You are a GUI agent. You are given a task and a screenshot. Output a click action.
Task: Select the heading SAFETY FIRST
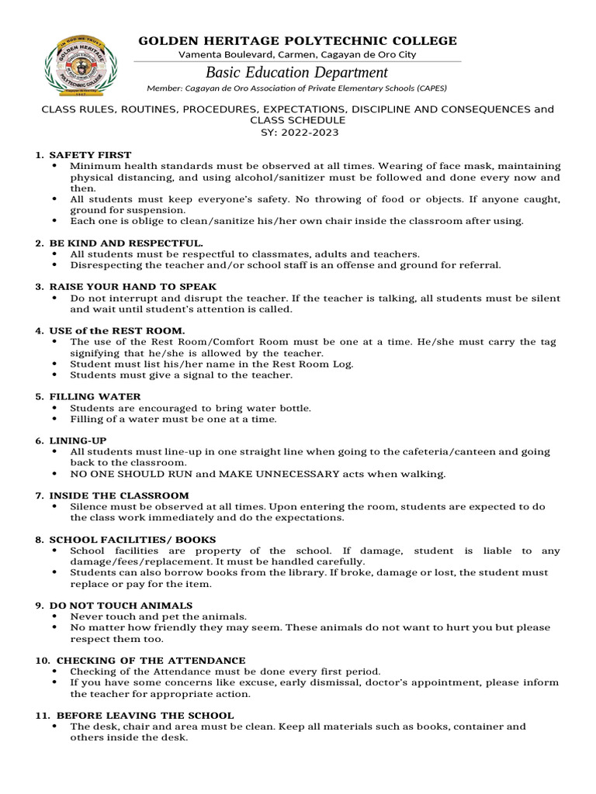[x=90, y=155]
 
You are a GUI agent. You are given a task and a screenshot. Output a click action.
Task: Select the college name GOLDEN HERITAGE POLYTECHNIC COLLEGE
[x=297, y=41]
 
